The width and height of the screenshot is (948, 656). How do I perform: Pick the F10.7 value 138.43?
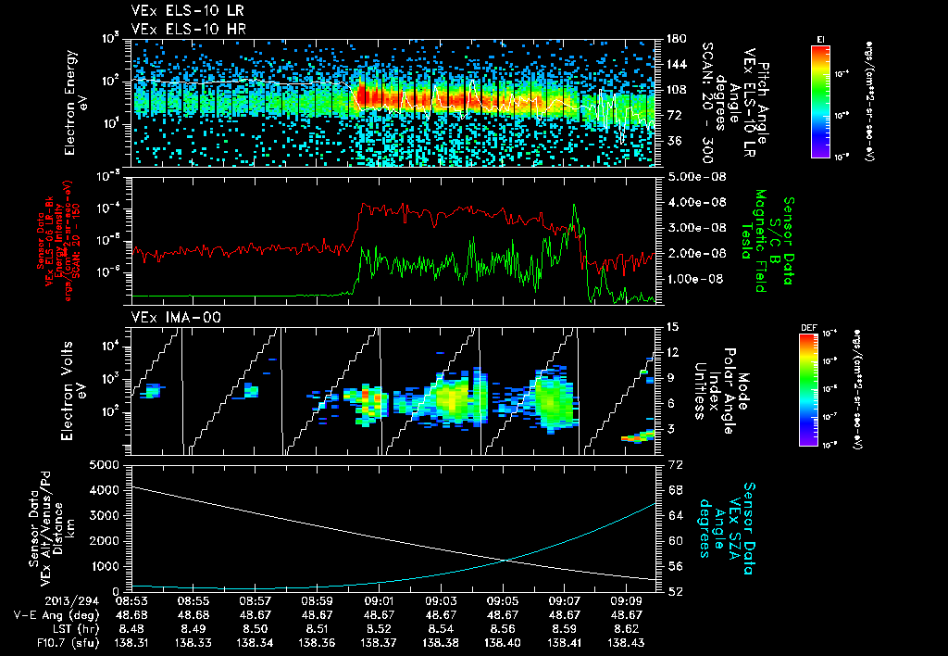[x=627, y=641]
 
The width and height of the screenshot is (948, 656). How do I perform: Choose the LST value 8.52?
[x=380, y=627]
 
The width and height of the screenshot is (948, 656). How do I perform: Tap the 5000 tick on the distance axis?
[x=108, y=463]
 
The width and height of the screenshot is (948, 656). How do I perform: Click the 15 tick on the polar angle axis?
[x=672, y=326]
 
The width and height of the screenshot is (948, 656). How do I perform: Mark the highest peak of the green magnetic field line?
[x=575, y=206]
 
